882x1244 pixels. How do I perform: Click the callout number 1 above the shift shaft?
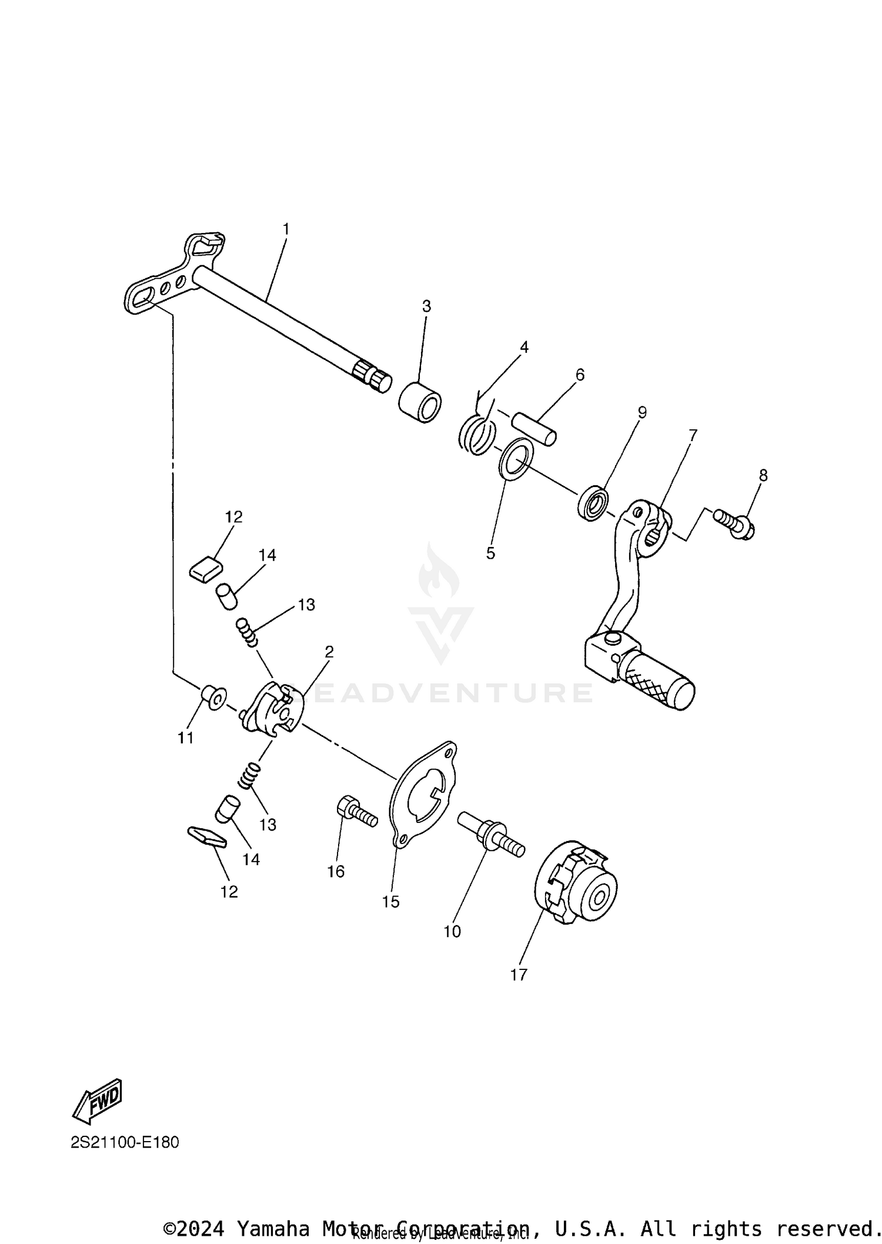pos(286,229)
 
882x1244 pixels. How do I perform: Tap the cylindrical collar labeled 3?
pos(420,402)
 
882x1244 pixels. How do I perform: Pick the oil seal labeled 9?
pos(593,503)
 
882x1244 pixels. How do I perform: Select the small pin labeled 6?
pos(533,429)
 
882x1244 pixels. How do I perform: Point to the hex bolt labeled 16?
pos(356,812)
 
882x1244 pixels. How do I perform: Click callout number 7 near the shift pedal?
pos(693,436)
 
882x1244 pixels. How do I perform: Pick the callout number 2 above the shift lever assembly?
pos(329,651)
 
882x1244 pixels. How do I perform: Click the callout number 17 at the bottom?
pos(519,975)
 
